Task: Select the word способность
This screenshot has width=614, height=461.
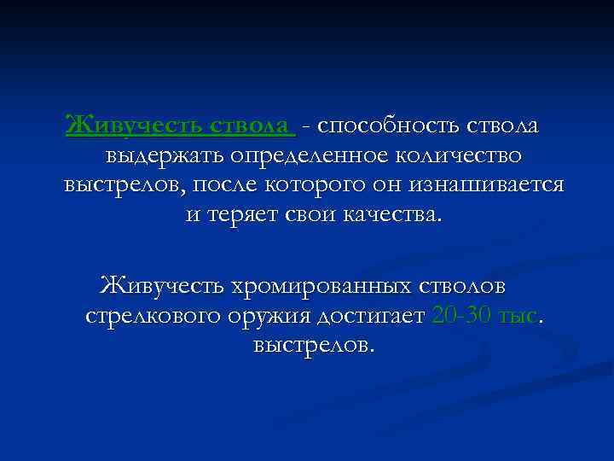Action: coord(387,125)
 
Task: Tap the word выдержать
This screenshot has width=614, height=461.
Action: coord(179,156)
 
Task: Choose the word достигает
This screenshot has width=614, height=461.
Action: coord(371,316)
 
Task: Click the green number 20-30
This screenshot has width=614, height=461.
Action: coord(461,316)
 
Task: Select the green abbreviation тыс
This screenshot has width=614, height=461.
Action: coord(519,316)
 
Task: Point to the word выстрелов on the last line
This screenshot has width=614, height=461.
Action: coord(312,346)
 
